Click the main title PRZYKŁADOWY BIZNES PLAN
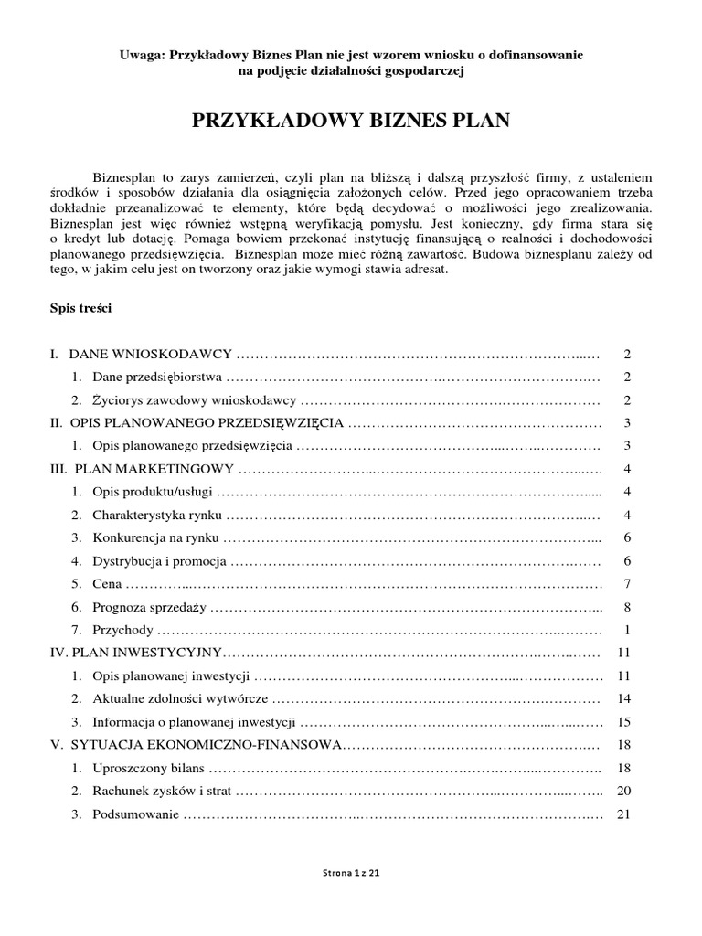pyautogui.click(x=350, y=121)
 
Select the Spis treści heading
pyautogui.click(x=80, y=309)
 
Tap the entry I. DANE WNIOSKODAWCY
pyautogui.click(x=141, y=354)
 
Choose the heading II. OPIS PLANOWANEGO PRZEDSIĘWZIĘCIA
pyautogui.click(x=196, y=422)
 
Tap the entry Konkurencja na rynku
pyautogui.click(x=155, y=538)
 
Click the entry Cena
pyautogui.click(x=106, y=584)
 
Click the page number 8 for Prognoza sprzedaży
pyautogui.click(x=627, y=607)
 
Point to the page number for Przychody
pyautogui.click(x=627, y=631)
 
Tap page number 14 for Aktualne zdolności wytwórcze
pyautogui.click(x=625, y=699)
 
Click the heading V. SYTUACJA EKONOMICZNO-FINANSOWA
pyautogui.click(x=195, y=746)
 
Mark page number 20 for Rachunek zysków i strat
pyautogui.click(x=625, y=792)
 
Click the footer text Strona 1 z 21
pyautogui.click(x=351, y=872)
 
